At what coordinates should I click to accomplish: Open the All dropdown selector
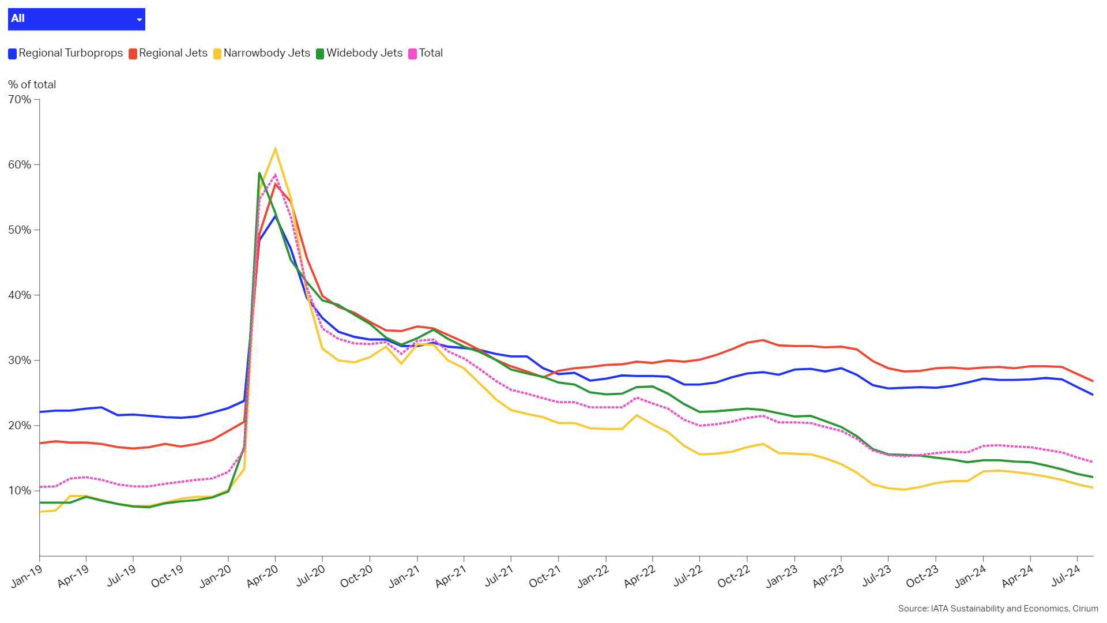pos(76,19)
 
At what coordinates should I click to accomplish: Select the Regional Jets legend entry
pos(168,53)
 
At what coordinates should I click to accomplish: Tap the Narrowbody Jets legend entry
pos(262,53)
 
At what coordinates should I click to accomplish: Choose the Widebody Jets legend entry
pos(359,53)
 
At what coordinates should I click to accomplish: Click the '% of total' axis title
pos(32,85)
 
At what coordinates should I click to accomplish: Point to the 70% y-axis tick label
pos(20,100)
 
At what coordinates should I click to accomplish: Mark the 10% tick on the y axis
pos(20,491)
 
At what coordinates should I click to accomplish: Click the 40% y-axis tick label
pos(20,295)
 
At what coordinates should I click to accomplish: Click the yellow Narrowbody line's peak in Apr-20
pos(275,149)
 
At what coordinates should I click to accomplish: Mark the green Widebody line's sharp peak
pos(259,172)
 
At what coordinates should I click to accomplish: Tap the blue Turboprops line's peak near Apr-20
pos(275,216)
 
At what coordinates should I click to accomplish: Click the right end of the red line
pos(1093,381)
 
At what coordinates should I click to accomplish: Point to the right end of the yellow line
pos(1093,488)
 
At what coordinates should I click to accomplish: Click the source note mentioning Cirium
pos(997,609)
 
